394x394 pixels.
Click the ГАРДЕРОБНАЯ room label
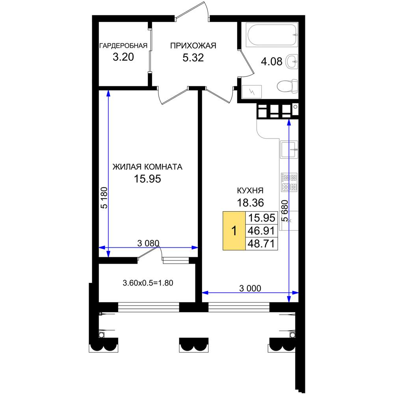click(123, 46)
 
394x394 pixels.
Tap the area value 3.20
click(123, 57)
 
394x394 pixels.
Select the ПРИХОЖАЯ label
click(193, 46)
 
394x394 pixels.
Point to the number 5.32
click(193, 58)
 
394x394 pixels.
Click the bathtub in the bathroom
click(272, 35)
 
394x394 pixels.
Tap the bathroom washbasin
click(292, 61)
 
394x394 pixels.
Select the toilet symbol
click(288, 86)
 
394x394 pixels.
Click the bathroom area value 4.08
click(271, 61)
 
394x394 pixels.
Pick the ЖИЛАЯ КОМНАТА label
click(147, 167)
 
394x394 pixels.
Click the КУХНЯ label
click(250, 190)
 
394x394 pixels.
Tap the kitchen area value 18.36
click(251, 203)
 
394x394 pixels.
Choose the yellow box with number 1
click(234, 230)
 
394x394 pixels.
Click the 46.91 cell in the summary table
click(261, 230)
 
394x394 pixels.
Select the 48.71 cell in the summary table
click(261, 243)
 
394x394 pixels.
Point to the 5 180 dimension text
click(104, 198)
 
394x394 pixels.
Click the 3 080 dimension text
click(148, 243)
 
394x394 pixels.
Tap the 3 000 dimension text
click(250, 288)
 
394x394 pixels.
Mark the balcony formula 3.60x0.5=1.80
click(148, 283)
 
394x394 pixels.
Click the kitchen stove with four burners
click(289, 182)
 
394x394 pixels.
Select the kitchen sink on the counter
click(289, 149)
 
